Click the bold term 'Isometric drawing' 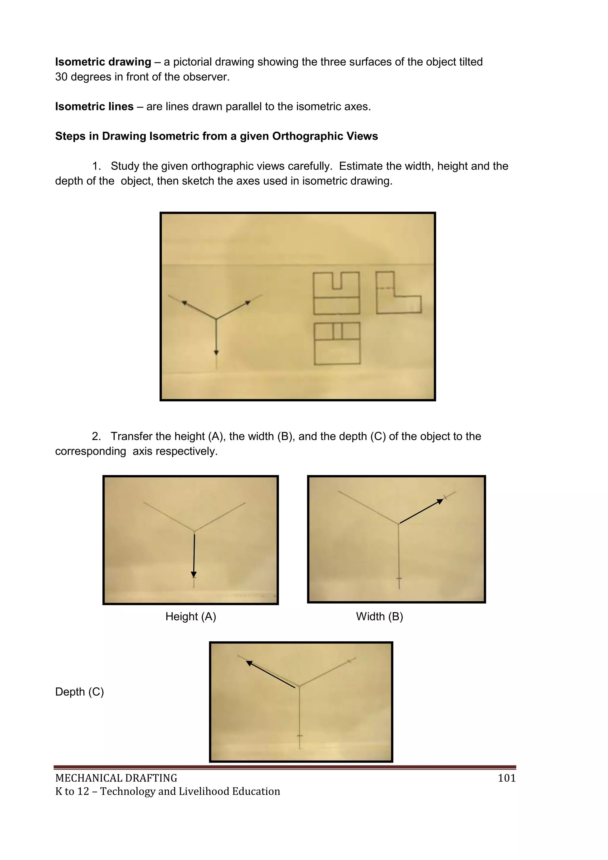[x=103, y=62]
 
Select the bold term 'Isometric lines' [x=94, y=107]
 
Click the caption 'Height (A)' [x=191, y=616]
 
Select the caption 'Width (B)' [x=379, y=616]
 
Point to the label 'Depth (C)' [x=79, y=692]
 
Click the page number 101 [x=506, y=778]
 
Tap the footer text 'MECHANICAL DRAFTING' [x=116, y=778]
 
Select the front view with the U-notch [x=336, y=293]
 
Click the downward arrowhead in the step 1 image [x=216, y=352]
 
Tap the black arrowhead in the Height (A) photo [x=194, y=575]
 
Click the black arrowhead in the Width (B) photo [x=440, y=501]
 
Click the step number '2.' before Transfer [x=96, y=436]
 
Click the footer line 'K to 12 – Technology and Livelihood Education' [x=167, y=791]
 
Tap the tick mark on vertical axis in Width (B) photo [x=399, y=578]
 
